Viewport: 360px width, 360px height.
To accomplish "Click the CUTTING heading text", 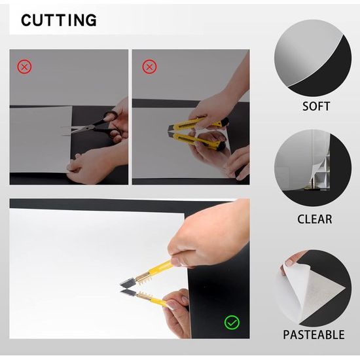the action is (59, 20).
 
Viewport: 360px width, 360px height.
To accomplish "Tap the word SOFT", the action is (316, 106).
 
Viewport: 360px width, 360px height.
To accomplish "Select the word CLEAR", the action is (315, 219).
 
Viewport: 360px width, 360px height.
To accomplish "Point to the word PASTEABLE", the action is (314, 334).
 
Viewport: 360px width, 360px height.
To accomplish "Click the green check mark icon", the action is (232, 322).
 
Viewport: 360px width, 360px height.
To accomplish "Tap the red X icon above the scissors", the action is (24, 67).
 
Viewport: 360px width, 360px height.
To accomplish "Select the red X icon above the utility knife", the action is (149, 67).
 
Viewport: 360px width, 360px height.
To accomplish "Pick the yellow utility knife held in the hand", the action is (198, 124).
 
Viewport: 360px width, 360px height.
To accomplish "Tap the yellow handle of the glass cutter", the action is (160, 268).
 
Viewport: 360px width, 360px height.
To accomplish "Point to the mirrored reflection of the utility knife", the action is (198, 141).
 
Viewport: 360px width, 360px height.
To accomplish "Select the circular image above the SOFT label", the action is (313, 58).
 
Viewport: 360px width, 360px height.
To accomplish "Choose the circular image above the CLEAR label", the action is (313, 168).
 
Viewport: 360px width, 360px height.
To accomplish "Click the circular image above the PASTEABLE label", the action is (313, 289).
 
